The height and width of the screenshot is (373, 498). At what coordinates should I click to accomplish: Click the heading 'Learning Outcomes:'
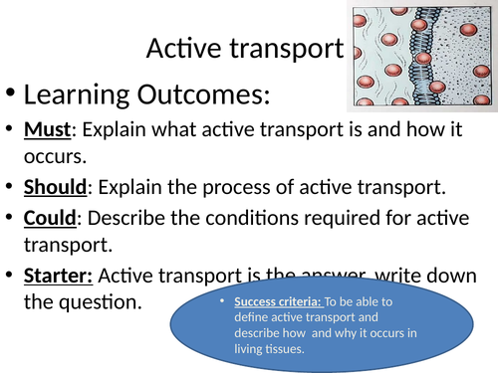145,95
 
